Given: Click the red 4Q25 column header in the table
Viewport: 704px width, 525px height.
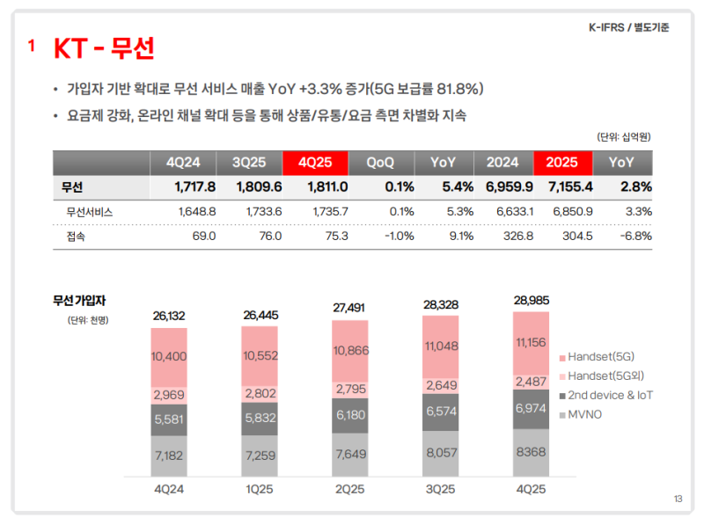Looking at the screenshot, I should (x=315, y=163).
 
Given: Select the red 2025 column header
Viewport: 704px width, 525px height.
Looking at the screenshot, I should (x=561, y=163).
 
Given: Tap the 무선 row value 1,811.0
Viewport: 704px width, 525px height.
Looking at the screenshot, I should (x=327, y=186).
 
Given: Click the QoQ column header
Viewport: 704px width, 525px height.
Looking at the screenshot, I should (x=379, y=163).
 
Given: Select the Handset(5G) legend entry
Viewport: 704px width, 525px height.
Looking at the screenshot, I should (x=600, y=358).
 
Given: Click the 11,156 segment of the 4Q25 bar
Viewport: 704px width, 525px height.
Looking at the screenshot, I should (x=531, y=342).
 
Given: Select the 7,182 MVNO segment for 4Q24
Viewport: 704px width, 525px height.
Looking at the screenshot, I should (x=168, y=456).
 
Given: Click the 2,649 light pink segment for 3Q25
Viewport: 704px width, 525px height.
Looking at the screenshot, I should (x=441, y=384).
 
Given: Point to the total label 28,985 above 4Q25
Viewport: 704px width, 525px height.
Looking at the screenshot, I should (x=531, y=301).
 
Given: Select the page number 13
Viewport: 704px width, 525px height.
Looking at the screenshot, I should (x=678, y=499).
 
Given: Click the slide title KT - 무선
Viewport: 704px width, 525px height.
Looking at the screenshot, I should (x=104, y=47).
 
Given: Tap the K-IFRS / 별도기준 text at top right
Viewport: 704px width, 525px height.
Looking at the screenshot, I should (x=628, y=27).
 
